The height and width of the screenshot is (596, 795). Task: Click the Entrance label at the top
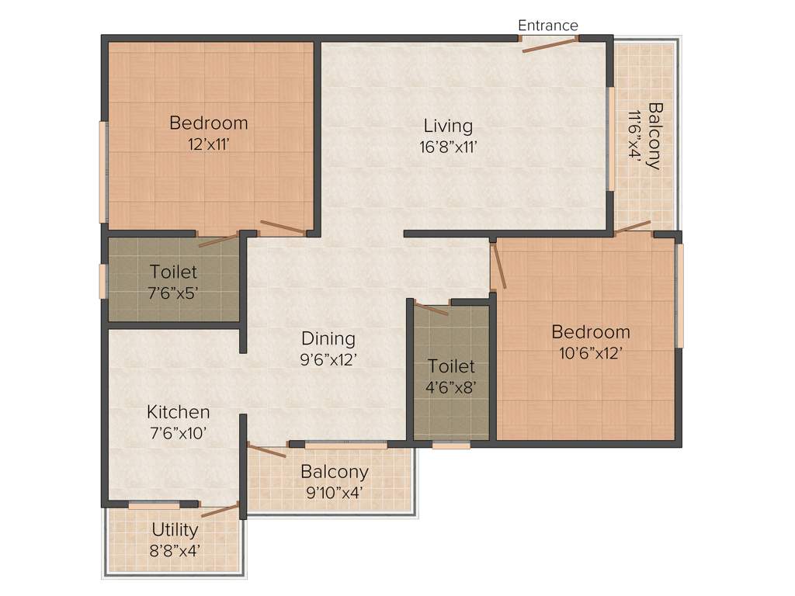click(548, 26)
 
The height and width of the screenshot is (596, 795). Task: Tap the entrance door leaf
click(550, 44)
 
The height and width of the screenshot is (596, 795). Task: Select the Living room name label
click(448, 125)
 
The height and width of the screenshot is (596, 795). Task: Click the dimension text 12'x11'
click(208, 144)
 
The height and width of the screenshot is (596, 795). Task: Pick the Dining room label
click(328, 338)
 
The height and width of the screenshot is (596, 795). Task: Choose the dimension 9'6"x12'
click(328, 359)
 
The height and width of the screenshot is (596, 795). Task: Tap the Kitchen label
click(179, 412)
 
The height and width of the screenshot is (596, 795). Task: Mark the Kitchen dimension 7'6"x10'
click(178, 433)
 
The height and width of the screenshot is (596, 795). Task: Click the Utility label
click(175, 529)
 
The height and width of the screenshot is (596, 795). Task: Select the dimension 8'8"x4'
click(175, 550)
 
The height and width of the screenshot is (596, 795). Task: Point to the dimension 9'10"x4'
click(335, 492)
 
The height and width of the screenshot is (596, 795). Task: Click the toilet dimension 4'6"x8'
click(451, 386)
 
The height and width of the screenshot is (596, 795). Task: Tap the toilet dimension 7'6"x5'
click(173, 293)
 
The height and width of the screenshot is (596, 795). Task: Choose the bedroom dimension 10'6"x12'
click(590, 353)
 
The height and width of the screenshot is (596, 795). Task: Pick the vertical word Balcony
click(655, 136)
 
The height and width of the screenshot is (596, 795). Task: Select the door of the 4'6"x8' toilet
click(432, 308)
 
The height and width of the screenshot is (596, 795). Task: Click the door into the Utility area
click(220, 509)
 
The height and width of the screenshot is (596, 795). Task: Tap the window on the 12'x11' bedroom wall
click(102, 172)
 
